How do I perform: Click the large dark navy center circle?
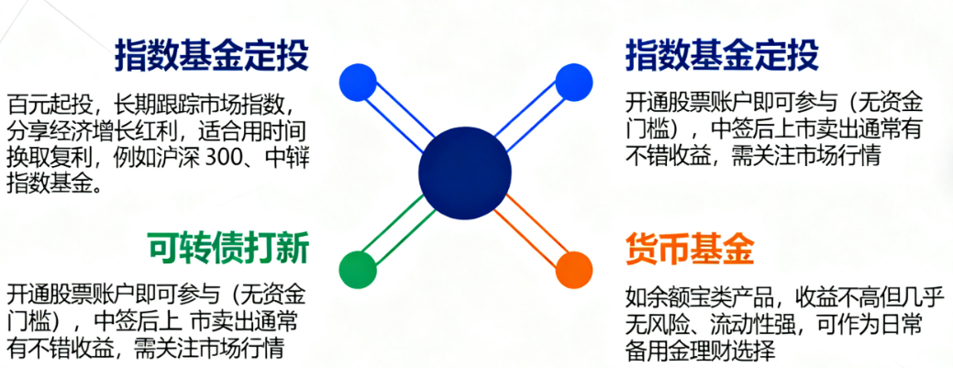click(464, 172)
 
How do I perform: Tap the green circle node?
click(358, 269)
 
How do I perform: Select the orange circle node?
click(574, 268)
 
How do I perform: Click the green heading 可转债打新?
click(227, 248)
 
